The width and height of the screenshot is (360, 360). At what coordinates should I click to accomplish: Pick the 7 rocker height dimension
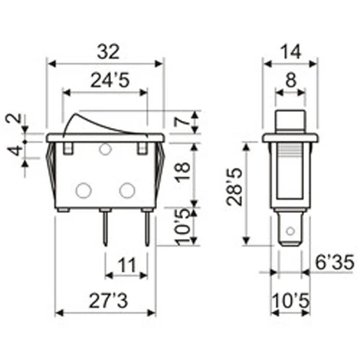(x=181, y=121)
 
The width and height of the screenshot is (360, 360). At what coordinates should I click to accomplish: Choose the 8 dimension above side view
(x=290, y=78)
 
